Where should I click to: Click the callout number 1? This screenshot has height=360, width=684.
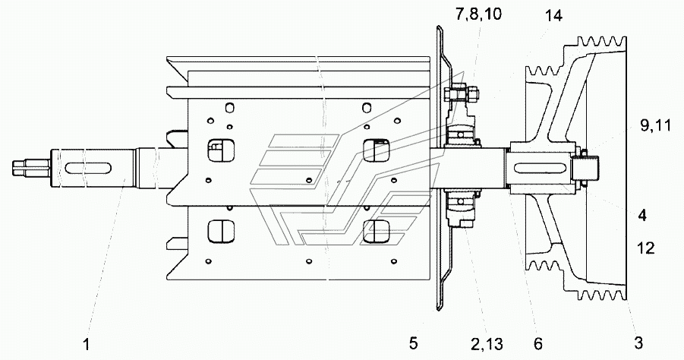87,344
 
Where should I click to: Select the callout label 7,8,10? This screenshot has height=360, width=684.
478,14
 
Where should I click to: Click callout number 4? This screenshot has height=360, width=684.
641,215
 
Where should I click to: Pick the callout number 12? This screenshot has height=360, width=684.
645,248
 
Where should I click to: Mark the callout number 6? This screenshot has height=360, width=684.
538,343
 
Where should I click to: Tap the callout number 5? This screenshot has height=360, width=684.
413,343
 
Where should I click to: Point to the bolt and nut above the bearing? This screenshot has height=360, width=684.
460,94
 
